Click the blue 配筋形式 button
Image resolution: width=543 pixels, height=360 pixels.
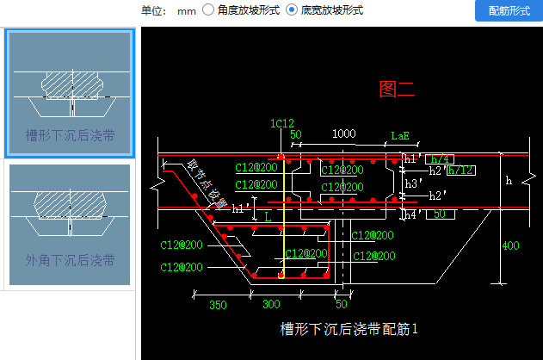click(508, 10)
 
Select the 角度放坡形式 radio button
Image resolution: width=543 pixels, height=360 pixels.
click(209, 10)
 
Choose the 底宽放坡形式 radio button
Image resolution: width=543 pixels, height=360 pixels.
click(292, 10)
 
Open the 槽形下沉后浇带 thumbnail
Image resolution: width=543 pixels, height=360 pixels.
click(70, 94)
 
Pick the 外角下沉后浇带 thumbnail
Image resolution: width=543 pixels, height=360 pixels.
click(70, 226)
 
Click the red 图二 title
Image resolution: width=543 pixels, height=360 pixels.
click(397, 88)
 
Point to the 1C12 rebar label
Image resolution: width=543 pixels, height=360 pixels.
click(282, 123)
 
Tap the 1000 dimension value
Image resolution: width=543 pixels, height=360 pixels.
click(343, 134)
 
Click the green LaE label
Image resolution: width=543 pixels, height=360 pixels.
click(400, 135)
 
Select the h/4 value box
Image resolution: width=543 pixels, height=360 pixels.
click(441, 158)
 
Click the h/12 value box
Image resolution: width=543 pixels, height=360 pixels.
click(460, 170)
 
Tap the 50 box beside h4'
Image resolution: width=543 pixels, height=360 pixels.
click(440, 214)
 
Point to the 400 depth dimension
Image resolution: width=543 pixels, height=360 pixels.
click(510, 246)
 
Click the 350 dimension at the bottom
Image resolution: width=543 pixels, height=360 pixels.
click(218, 305)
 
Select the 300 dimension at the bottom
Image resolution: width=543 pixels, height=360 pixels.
click(271, 305)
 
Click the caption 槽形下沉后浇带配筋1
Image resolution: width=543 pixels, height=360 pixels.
click(349, 328)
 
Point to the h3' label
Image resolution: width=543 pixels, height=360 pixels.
click(413, 183)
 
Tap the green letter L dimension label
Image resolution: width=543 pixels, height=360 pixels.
click(268, 219)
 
